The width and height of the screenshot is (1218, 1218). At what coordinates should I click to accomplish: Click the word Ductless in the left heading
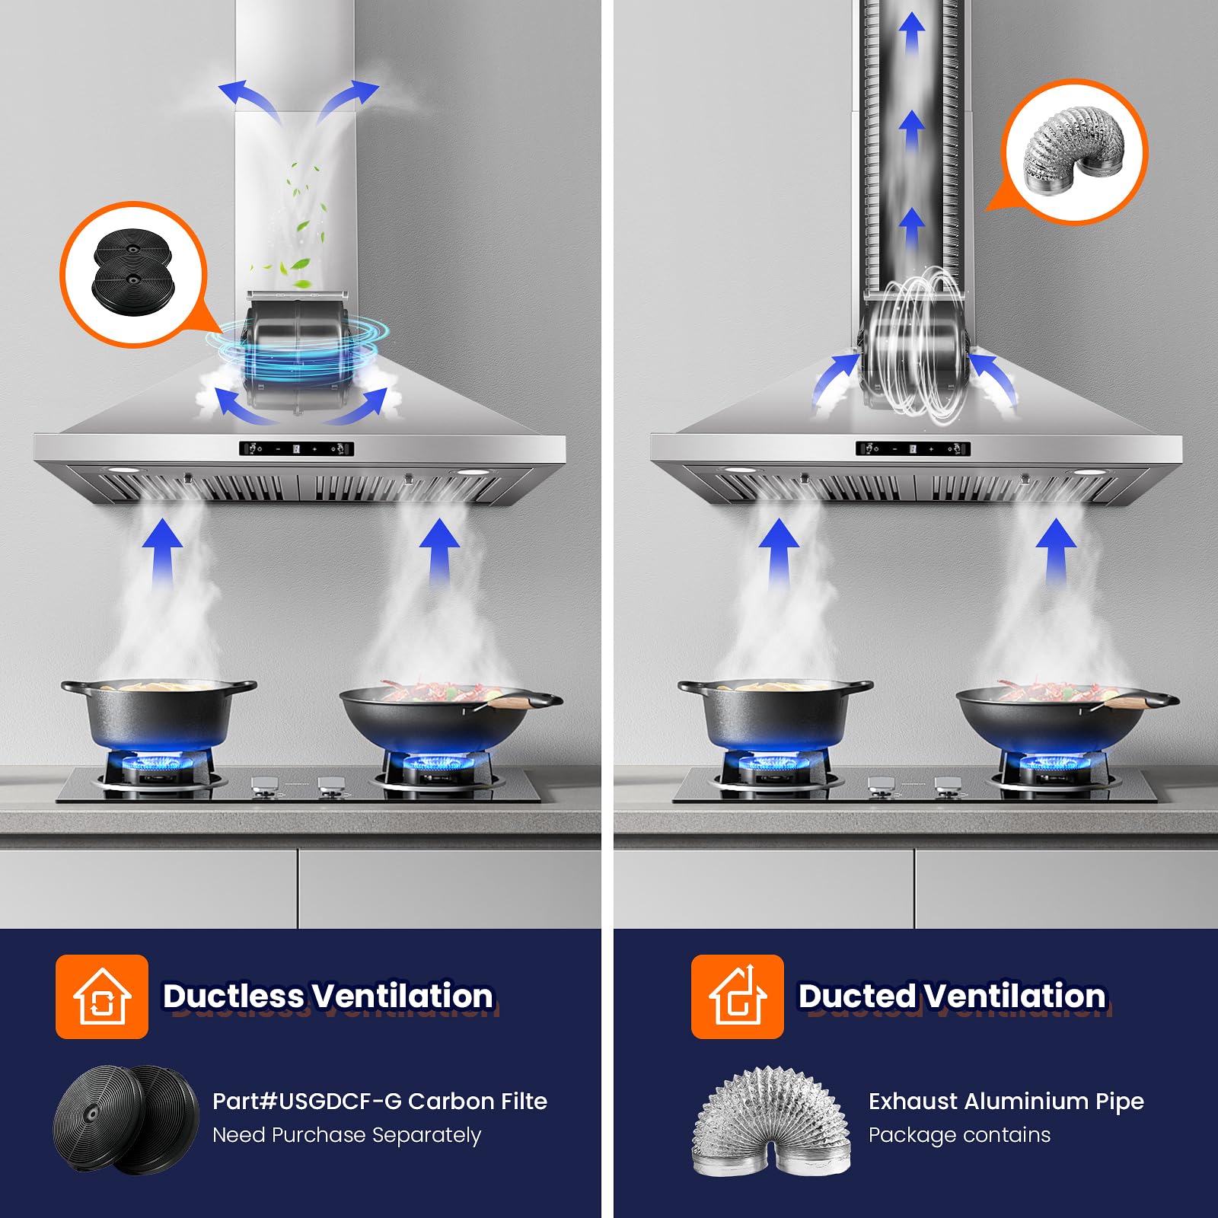(x=234, y=996)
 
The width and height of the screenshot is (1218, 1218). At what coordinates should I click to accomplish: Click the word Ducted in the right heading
(x=857, y=996)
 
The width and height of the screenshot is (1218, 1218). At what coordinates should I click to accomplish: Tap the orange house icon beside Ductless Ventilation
(x=102, y=996)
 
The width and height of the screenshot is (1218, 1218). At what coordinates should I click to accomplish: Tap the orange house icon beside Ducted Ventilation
(x=738, y=996)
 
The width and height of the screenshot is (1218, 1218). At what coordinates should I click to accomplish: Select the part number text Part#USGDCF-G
(x=307, y=1101)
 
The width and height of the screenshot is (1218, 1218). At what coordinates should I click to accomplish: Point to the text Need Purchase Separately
(x=347, y=1135)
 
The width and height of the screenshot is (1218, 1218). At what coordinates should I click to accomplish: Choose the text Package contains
(x=959, y=1135)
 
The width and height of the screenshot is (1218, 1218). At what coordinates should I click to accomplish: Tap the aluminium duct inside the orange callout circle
(x=1074, y=151)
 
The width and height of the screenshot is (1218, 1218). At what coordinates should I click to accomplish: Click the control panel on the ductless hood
(x=297, y=448)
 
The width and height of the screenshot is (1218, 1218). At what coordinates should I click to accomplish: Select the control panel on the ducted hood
(x=913, y=448)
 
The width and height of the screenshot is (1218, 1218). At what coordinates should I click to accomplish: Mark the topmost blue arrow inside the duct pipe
(x=912, y=34)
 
